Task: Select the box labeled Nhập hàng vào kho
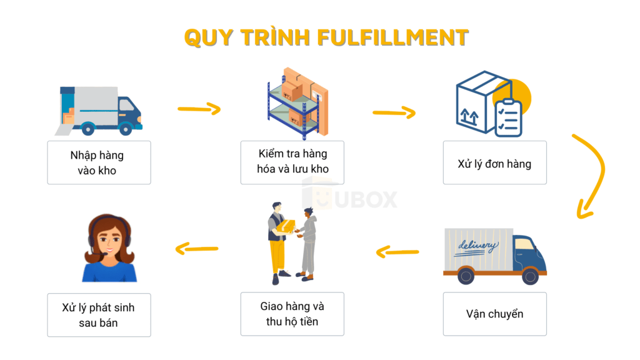coord(99,162)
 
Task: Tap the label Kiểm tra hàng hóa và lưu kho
coord(292,162)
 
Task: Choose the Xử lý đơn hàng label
coord(494,164)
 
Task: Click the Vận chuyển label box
coord(494,314)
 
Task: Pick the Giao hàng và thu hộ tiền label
coord(292,314)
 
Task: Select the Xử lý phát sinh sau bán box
coord(99,315)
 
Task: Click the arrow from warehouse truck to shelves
coord(199,109)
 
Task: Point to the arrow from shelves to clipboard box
coord(394,112)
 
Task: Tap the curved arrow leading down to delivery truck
coord(592,175)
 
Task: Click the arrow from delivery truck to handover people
coord(397,252)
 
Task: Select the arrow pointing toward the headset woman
coord(197,249)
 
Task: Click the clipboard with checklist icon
coord(508,117)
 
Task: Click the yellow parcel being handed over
coord(287,226)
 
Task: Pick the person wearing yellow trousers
coord(277,241)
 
